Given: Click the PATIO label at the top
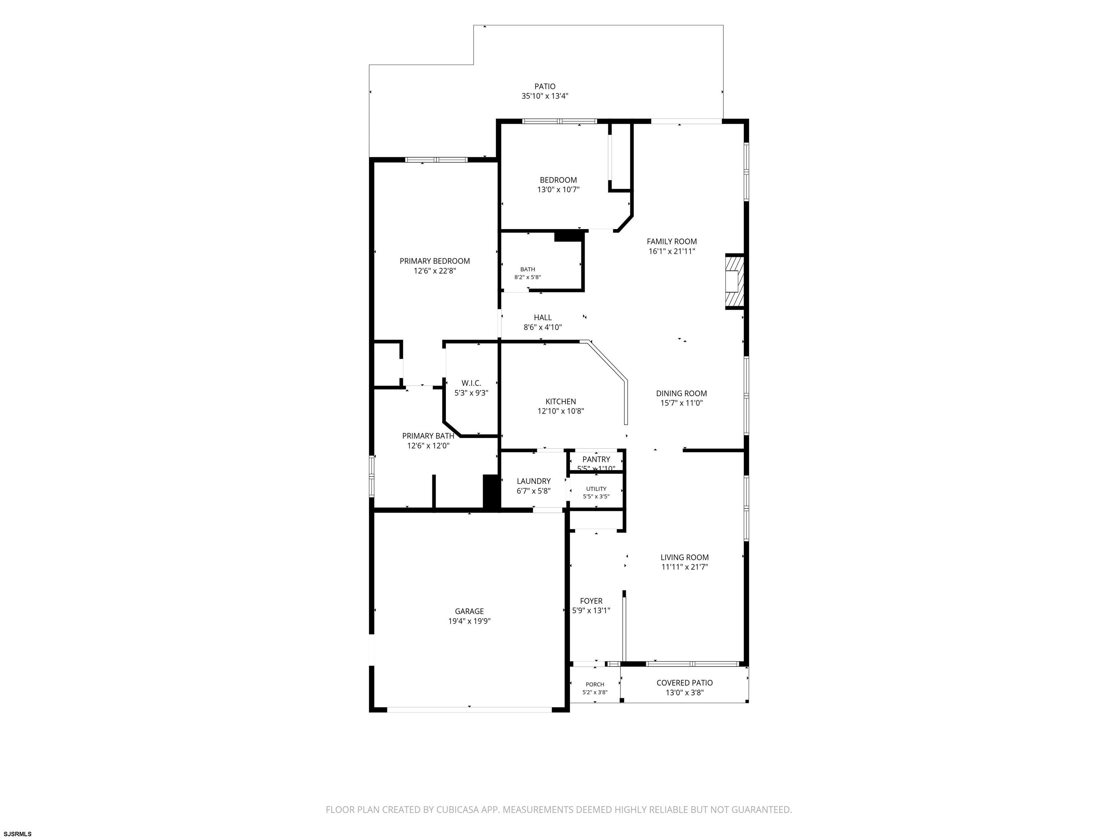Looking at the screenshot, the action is (x=545, y=86).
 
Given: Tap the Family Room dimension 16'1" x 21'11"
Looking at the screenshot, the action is (x=672, y=251).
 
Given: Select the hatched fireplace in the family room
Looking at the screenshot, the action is (x=735, y=282).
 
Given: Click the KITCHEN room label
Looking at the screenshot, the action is (x=560, y=402).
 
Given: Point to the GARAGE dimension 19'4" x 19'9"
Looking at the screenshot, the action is (x=469, y=621).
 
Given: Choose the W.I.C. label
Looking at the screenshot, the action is (x=471, y=383).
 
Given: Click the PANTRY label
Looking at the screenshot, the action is (x=596, y=459).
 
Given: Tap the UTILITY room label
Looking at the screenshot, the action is (x=596, y=489).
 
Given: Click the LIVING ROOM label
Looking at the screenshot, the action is (x=685, y=558).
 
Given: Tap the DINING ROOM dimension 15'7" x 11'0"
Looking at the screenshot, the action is (x=682, y=403).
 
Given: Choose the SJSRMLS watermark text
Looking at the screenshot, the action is (x=18, y=834).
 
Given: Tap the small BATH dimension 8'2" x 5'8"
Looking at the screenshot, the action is (x=528, y=277).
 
